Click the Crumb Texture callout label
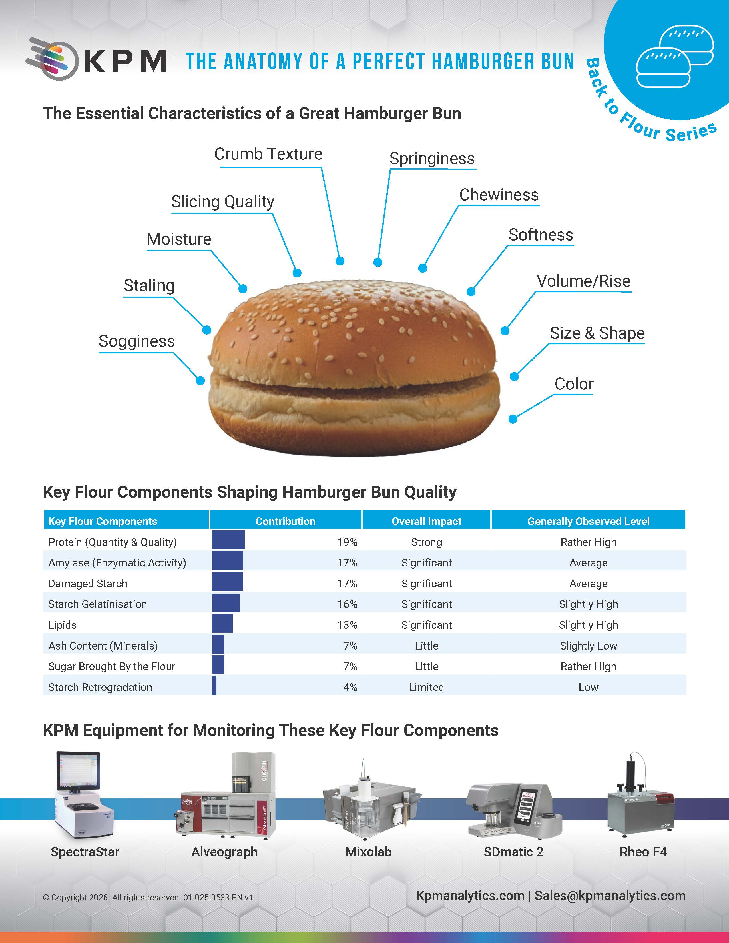pyautogui.click(x=268, y=154)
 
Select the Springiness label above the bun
pyautogui.click(x=432, y=159)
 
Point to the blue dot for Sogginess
pyautogui.click(x=200, y=380)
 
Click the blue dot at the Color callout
pyautogui.click(x=513, y=419)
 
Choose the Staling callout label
pyautogui.click(x=149, y=286)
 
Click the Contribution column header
pyautogui.click(x=286, y=521)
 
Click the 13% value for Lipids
pyautogui.click(x=347, y=625)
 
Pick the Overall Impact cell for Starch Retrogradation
pyautogui.click(x=426, y=687)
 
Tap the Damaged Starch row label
pyautogui.click(x=88, y=583)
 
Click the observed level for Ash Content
pyautogui.click(x=588, y=646)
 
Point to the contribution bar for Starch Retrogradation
pyautogui.click(x=214, y=686)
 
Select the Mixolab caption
pyautogui.click(x=369, y=852)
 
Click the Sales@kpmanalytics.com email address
pyautogui.click(x=610, y=896)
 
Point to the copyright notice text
pyautogui.click(x=148, y=897)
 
